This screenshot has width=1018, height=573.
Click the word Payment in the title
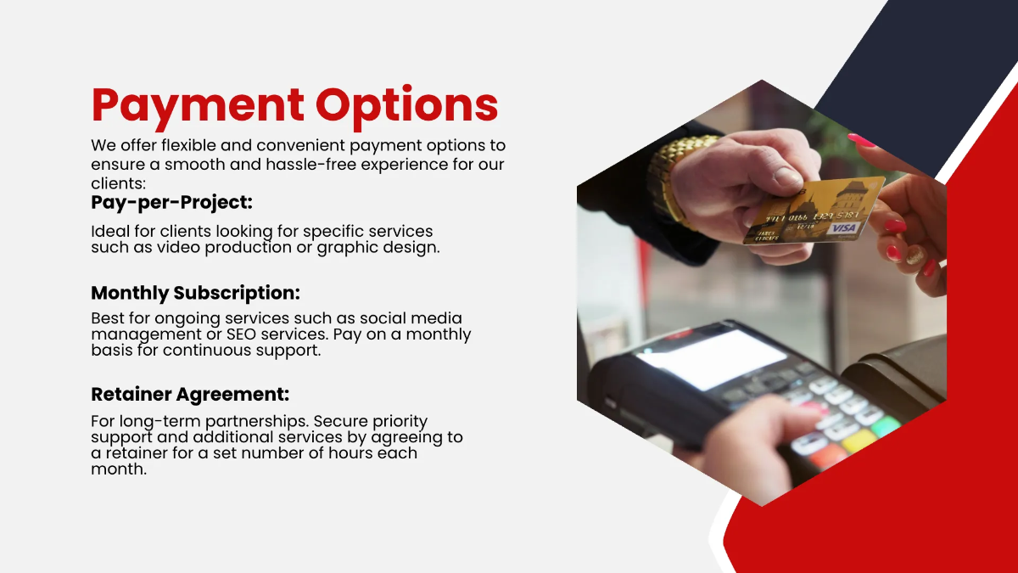click(x=199, y=105)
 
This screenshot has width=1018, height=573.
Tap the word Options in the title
click(x=407, y=105)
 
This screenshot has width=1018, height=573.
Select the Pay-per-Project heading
click(x=172, y=203)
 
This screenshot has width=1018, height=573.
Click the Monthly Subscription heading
click(x=196, y=293)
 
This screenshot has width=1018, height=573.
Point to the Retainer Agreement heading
click(x=190, y=395)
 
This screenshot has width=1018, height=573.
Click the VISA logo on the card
click(x=844, y=228)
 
